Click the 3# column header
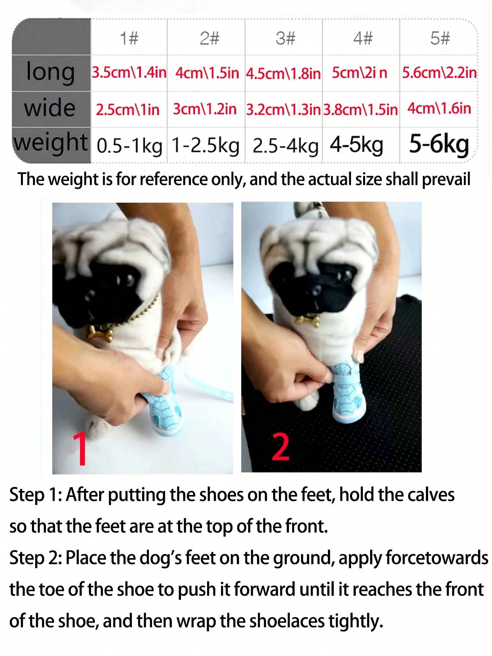[285, 38]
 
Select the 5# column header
[440, 38]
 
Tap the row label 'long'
[51, 72]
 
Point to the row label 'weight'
[51, 143]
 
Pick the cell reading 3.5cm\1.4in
[129, 72]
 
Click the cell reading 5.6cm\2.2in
[439, 73]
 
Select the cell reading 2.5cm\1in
[128, 110]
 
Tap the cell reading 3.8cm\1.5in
[361, 110]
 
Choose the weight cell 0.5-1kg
[129, 146]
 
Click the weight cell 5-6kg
[439, 145]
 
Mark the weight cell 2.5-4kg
[285, 146]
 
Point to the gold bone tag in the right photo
[308, 320]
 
